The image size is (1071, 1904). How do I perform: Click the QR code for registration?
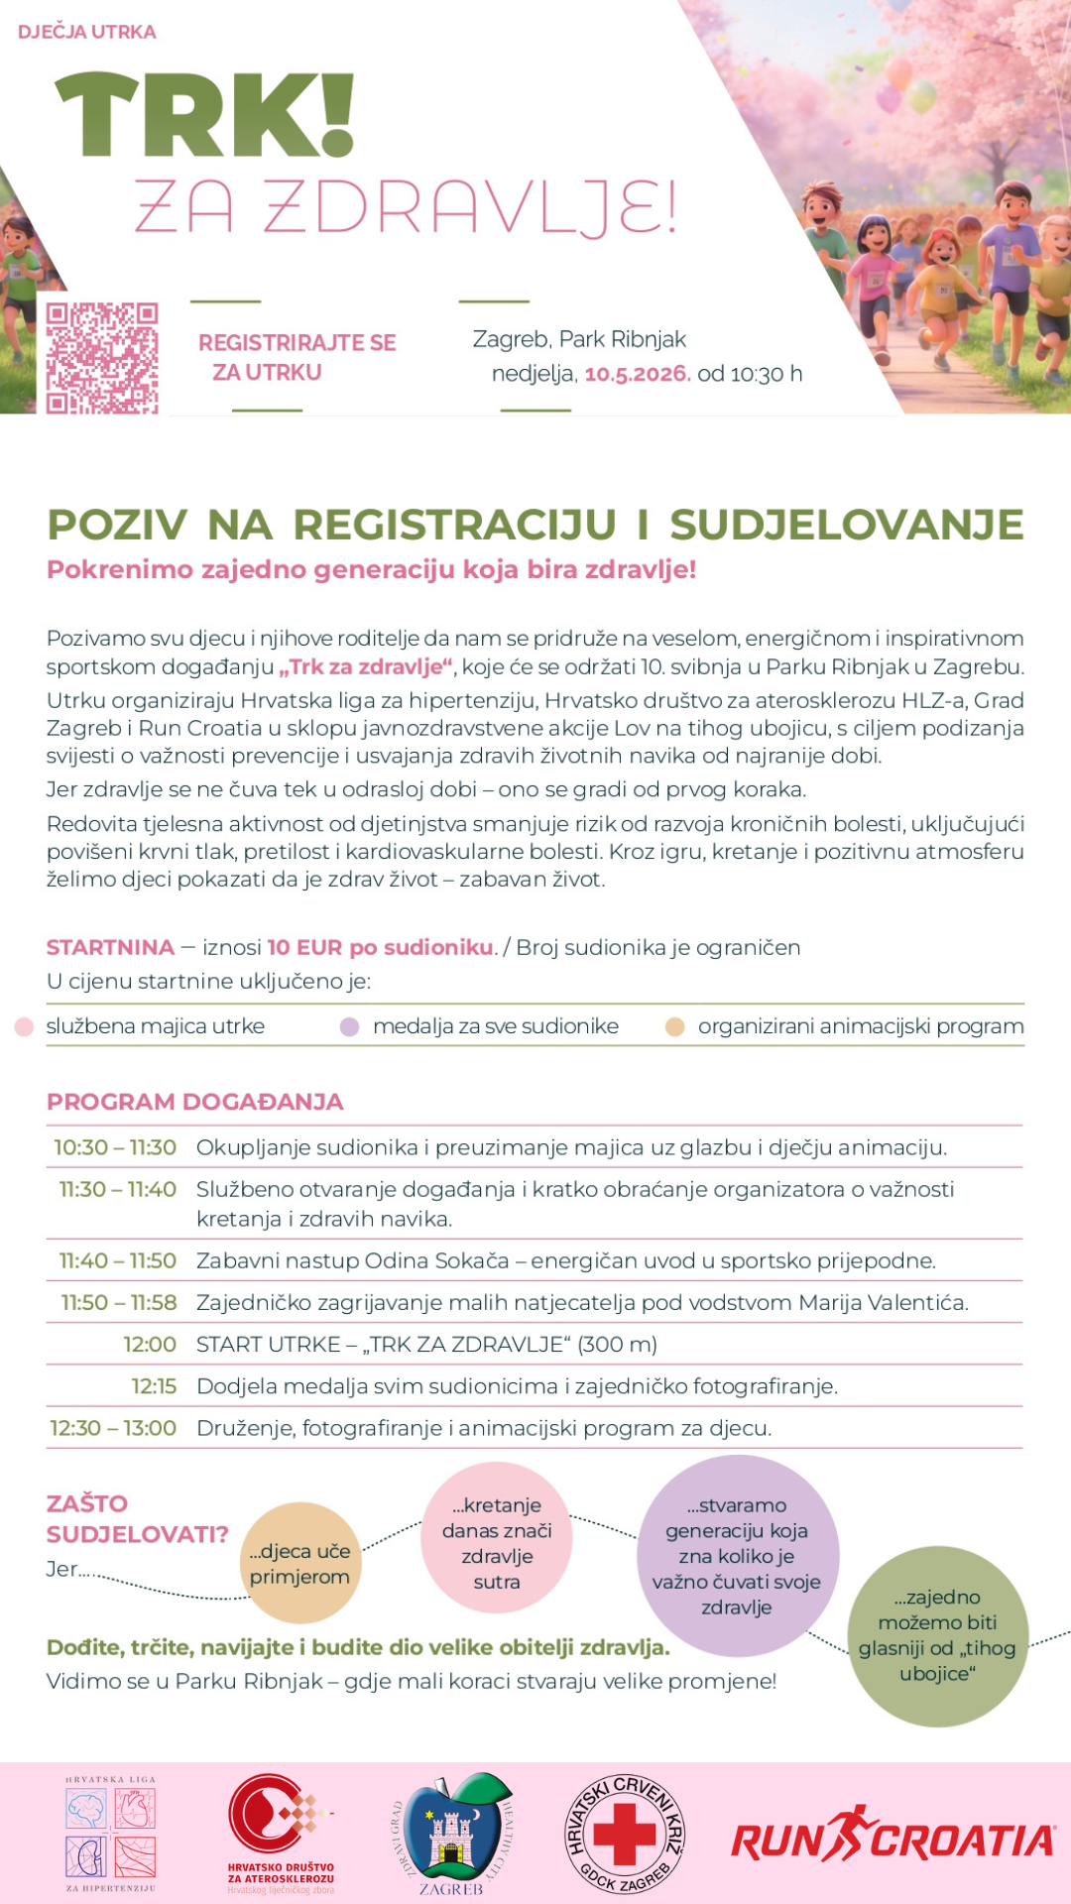pos(102,358)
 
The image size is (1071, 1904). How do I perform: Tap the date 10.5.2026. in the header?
pos(637,374)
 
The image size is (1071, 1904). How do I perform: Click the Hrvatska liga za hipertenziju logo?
pos(111,1834)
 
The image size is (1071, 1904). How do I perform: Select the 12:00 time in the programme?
pos(150,1345)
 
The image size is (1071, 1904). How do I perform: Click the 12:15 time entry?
pos(154,1386)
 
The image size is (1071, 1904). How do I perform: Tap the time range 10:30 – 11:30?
pos(115,1147)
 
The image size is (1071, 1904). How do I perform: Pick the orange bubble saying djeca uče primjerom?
pos(299,1564)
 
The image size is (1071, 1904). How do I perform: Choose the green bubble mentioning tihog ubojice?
pos(937,1635)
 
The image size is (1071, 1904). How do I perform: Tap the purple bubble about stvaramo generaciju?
pos(737,1555)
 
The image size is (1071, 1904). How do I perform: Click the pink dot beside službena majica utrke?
pos(25,1026)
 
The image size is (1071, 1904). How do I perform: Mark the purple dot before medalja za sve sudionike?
pos(349,1026)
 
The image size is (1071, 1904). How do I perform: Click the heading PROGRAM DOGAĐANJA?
pos(194,1102)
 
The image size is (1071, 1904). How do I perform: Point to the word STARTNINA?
pos(110,947)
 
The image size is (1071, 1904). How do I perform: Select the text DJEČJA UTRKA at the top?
pos(87,32)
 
